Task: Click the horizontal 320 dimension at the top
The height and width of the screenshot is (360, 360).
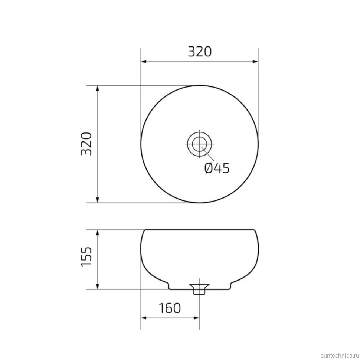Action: (200, 52)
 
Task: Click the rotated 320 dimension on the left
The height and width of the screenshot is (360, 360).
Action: (86, 144)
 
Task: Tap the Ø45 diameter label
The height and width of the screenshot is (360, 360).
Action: (217, 168)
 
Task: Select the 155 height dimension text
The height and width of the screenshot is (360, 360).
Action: (86, 257)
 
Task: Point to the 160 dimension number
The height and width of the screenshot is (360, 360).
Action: (170, 308)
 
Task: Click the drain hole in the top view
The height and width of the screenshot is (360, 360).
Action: (200, 144)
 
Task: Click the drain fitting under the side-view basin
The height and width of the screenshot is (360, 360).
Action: (199, 289)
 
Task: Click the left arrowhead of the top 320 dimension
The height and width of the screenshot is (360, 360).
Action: (144, 62)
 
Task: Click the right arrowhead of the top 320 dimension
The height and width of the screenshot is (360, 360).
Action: (255, 62)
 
